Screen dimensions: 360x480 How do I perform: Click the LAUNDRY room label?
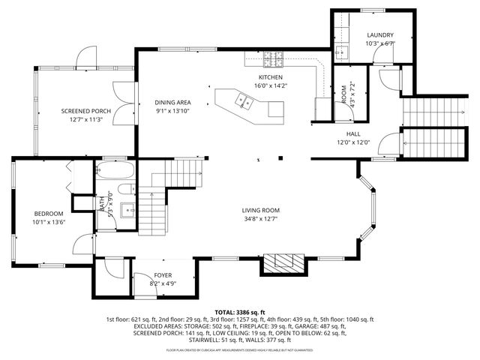[x=380, y=35]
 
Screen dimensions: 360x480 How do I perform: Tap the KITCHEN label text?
[x=271, y=77]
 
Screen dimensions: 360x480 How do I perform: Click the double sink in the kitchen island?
[x=243, y=100]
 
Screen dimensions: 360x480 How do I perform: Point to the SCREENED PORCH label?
[x=85, y=111]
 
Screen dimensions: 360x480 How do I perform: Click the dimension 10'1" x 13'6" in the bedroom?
[x=49, y=222]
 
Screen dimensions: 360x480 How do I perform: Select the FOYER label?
[x=163, y=275]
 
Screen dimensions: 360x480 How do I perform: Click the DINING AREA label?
[x=172, y=103]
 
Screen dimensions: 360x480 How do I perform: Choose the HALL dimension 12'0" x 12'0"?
[x=352, y=142]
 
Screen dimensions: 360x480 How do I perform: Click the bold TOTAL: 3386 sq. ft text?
[x=240, y=311]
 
